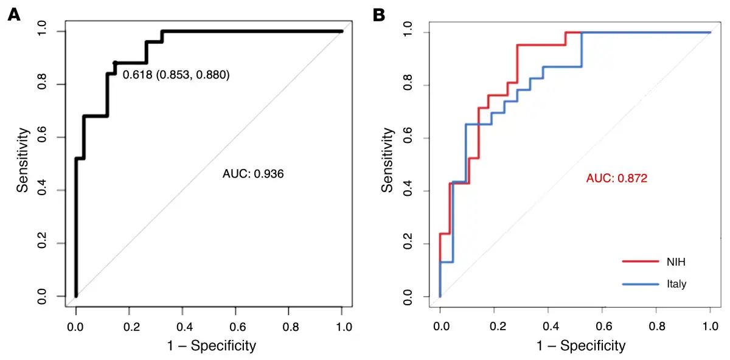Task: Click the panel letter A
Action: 13,15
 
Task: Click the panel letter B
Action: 378,15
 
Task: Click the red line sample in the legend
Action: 640,262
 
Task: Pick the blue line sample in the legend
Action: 640,284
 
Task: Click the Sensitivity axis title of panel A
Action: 23,160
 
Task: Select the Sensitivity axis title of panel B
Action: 388,160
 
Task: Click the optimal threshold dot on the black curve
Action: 115,63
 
